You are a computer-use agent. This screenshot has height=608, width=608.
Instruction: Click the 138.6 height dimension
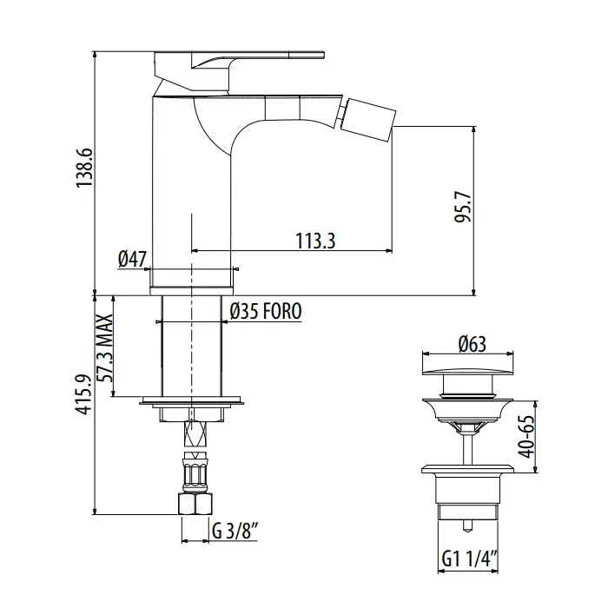coord(84,168)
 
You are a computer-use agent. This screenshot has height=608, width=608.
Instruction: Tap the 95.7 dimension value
coord(463,207)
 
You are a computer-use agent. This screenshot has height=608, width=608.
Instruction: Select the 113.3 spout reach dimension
coord(315,241)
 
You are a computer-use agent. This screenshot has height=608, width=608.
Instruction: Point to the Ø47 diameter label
coord(132,259)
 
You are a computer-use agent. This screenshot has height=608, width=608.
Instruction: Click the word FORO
coord(282,311)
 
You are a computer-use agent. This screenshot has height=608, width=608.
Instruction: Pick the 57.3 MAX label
coord(105,347)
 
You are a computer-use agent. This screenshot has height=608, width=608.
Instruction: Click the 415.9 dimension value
coord(84,394)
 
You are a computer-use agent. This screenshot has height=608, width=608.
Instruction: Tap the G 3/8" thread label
coord(235,531)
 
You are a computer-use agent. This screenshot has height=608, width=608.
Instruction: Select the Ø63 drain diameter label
coord(472,344)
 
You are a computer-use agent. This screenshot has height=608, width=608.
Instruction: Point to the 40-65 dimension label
coord(527,437)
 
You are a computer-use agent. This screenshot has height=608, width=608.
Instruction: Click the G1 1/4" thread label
coord(470,559)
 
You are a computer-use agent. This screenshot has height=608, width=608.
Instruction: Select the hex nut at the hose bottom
coord(195,504)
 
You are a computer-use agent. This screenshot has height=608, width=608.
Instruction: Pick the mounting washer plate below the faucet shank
coord(192,400)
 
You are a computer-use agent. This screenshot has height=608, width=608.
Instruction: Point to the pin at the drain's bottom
coord(467,525)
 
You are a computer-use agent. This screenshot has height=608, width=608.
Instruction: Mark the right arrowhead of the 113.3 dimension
coord(389,251)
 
